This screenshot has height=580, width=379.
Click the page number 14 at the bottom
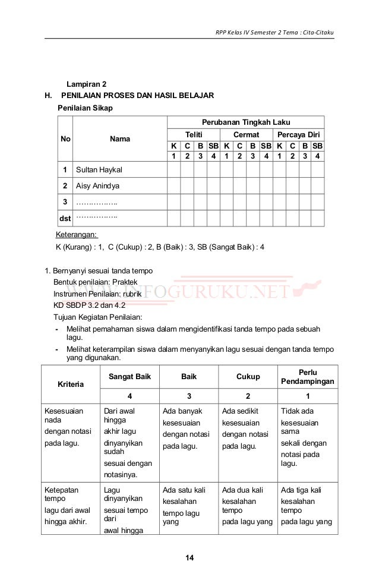tap(190, 557)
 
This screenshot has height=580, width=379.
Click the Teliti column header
tap(193, 135)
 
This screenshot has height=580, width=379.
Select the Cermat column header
tap(245, 135)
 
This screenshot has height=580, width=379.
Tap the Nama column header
tap(120, 139)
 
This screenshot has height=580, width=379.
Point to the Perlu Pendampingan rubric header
tap(307, 376)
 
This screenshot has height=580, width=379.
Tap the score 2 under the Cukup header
tap(248, 396)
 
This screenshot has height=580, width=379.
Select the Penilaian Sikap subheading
tap(84, 108)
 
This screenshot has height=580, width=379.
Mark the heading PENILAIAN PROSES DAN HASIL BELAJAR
tap(137, 96)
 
